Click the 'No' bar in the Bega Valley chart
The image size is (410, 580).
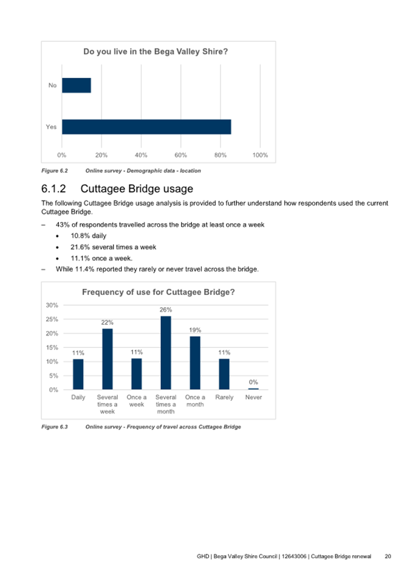pyautogui.click(x=77, y=85)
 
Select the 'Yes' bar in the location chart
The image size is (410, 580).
pyautogui.click(x=146, y=126)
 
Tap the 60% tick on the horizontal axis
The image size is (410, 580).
pyautogui.click(x=180, y=155)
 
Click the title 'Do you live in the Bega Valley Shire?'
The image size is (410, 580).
pyautogui.click(x=155, y=52)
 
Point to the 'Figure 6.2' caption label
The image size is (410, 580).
pyautogui.click(x=54, y=171)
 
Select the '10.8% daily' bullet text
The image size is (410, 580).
pyautogui.click(x=89, y=235)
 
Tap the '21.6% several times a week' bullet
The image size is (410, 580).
pyautogui.click(x=114, y=247)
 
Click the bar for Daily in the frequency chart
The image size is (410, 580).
pyautogui.click(x=78, y=374)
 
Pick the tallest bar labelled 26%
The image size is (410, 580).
pyautogui.click(x=166, y=353)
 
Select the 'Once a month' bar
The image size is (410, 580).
pyautogui.click(x=195, y=362)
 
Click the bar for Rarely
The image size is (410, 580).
pyautogui.click(x=224, y=374)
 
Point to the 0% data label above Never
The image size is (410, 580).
pyautogui.click(x=253, y=382)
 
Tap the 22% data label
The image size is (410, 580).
pyautogui.click(x=107, y=322)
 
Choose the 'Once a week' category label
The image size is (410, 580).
pyautogui.click(x=136, y=401)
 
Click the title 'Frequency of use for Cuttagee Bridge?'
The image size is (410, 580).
pyautogui.click(x=158, y=292)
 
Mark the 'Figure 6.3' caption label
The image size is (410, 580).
pyautogui.click(x=54, y=427)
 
